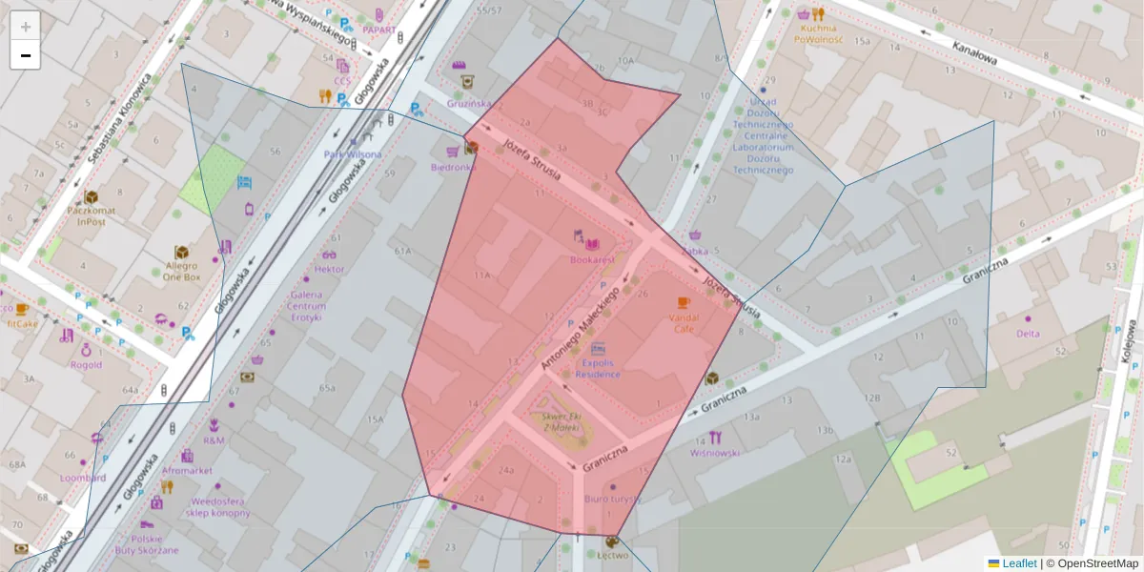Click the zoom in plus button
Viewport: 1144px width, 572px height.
point(26,26)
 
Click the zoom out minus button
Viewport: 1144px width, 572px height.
point(26,55)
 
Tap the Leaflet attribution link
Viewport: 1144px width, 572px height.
point(1019,563)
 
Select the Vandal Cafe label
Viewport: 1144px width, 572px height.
point(684,322)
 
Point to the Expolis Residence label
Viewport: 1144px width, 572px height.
point(598,368)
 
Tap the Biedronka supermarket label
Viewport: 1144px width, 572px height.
point(453,167)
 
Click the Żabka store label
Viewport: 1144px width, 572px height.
point(695,251)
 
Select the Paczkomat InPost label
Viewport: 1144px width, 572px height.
point(92,214)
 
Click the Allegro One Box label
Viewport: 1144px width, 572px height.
point(180,271)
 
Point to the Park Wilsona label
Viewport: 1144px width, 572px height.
point(352,153)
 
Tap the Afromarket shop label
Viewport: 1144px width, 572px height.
point(187,470)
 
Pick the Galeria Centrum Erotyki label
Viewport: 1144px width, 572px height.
point(306,305)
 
